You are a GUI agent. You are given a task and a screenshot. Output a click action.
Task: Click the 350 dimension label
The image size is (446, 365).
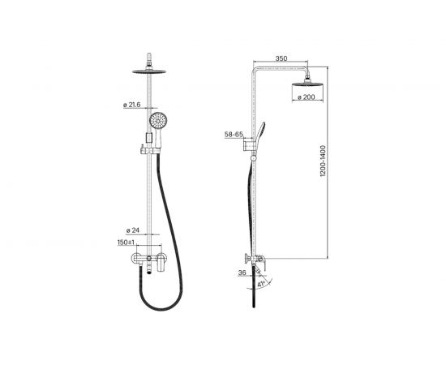281,58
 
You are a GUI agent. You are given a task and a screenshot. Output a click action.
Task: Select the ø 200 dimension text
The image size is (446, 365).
306,97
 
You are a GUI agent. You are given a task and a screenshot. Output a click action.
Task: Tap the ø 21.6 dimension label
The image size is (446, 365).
131,105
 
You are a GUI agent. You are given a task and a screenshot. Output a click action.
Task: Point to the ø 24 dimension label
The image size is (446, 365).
132,230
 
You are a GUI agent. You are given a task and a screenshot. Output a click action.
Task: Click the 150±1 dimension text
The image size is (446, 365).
126,243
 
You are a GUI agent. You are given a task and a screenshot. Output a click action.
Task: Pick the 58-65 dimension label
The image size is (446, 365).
234,135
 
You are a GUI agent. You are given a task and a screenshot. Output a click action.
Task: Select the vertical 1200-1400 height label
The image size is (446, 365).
323,161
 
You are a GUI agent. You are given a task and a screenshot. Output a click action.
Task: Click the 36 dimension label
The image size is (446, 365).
242,273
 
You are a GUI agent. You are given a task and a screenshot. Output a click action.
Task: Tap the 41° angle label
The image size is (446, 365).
261,284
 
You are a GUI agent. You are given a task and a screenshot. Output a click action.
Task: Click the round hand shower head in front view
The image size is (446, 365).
158,120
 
